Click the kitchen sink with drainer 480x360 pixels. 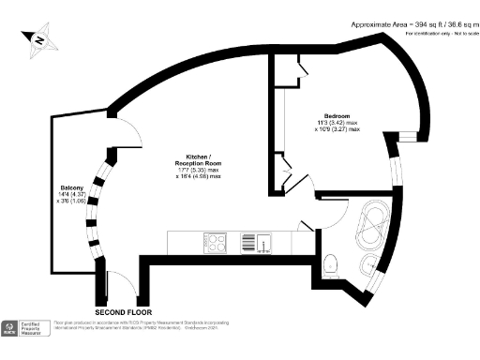tap(261, 243)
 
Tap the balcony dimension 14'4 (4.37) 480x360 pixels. tap(71, 194)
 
